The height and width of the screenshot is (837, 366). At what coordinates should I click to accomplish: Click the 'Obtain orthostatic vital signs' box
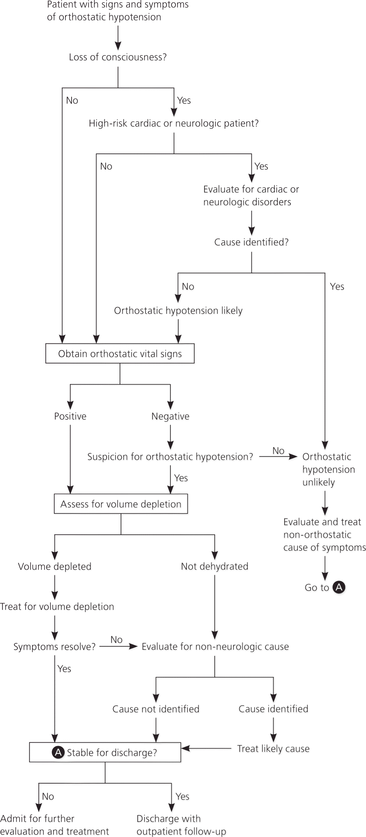(x=120, y=354)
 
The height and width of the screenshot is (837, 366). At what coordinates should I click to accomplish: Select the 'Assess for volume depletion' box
(x=121, y=504)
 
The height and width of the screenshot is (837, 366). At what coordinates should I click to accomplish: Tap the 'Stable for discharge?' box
(x=105, y=753)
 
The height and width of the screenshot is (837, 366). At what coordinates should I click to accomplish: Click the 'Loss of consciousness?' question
(x=118, y=57)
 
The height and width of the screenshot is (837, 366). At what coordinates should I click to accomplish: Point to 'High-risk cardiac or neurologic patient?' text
(x=174, y=123)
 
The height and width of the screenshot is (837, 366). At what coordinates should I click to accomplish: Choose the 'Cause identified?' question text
(x=251, y=242)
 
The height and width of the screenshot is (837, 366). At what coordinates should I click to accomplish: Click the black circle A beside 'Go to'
(x=339, y=587)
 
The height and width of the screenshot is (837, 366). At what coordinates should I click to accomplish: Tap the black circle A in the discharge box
(x=58, y=753)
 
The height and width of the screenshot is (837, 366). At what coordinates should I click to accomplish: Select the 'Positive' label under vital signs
(x=70, y=416)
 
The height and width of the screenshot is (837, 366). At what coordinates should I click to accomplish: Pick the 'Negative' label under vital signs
(x=170, y=416)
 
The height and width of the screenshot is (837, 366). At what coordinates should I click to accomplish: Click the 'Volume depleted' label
(x=55, y=567)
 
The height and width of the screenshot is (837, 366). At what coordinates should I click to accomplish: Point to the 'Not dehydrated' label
(x=215, y=567)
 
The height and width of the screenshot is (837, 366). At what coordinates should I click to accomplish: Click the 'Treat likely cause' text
(x=273, y=749)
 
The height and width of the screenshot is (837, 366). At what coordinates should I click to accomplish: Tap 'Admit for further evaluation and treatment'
(x=55, y=825)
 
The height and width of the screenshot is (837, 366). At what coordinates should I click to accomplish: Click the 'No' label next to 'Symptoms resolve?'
(x=116, y=640)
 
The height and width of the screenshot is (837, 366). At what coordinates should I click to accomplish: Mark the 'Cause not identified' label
(x=156, y=709)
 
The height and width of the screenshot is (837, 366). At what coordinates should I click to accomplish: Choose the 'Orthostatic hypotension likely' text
(x=178, y=311)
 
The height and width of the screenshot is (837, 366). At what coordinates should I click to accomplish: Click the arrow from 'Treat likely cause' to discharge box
(x=206, y=749)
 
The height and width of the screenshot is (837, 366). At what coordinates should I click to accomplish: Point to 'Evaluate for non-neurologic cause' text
(x=215, y=647)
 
